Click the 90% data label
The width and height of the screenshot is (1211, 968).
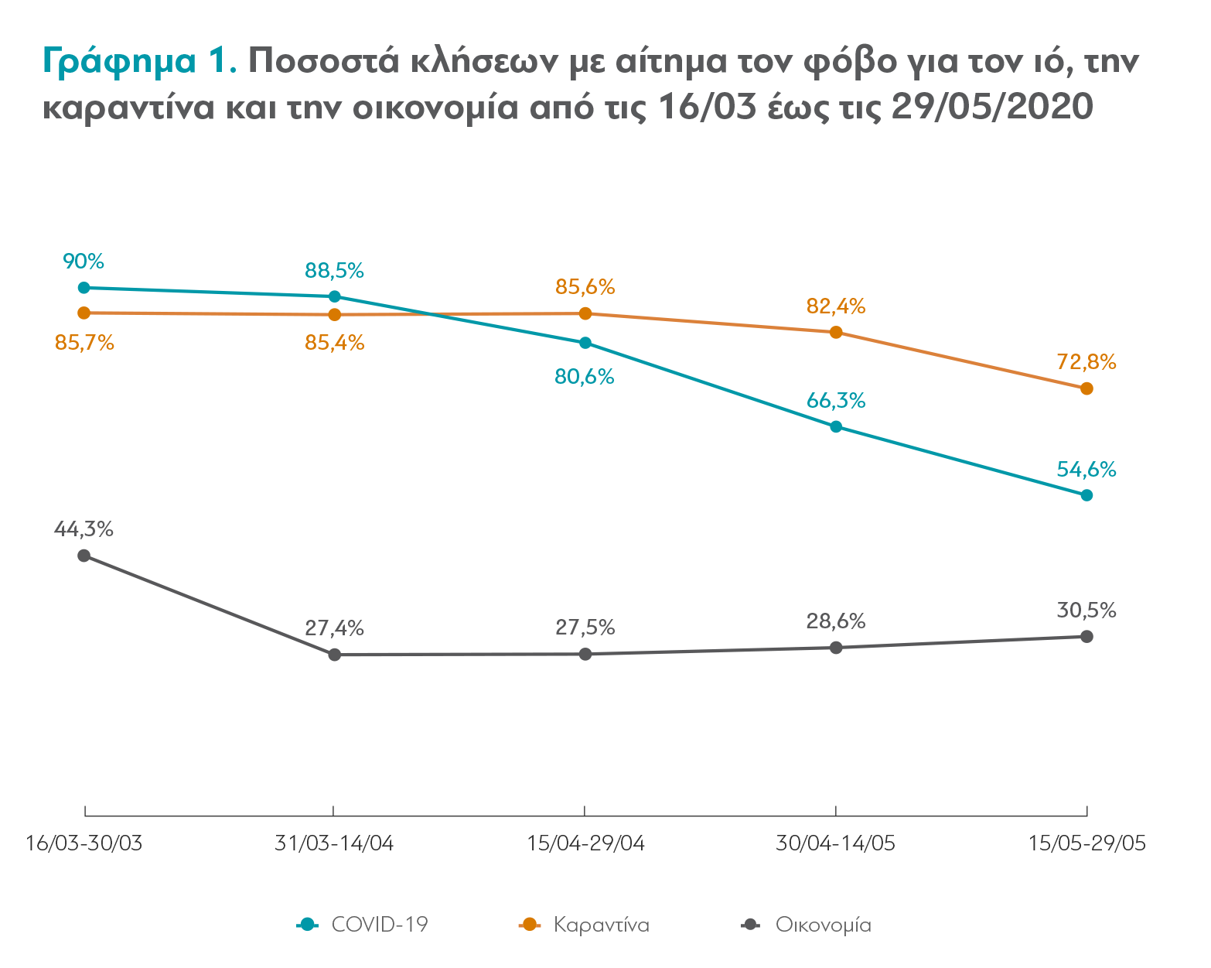pos(84,262)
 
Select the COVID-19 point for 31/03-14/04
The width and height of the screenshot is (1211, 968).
pos(334,296)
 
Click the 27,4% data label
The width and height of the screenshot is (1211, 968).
pos(334,628)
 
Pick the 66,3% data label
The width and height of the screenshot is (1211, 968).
pos(836,400)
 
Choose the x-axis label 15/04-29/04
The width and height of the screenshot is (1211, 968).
pos(585,843)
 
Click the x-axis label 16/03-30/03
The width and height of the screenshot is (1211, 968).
pos(84,843)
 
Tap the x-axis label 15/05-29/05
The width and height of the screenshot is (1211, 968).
pos(1086,843)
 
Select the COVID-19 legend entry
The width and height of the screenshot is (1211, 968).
pos(363,925)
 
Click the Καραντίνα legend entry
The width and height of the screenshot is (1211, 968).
pos(584,925)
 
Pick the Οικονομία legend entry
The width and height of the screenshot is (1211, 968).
pos(806,925)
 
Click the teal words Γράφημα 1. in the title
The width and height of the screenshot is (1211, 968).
pos(139,60)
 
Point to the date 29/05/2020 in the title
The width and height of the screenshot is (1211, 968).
pos(992,107)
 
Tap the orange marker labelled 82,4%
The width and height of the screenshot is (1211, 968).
pos(836,332)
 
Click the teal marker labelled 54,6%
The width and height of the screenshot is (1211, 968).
pos(1086,495)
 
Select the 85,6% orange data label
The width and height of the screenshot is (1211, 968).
pos(585,286)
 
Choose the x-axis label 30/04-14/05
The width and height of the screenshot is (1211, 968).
pos(836,843)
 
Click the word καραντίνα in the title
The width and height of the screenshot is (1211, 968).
pos(128,107)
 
